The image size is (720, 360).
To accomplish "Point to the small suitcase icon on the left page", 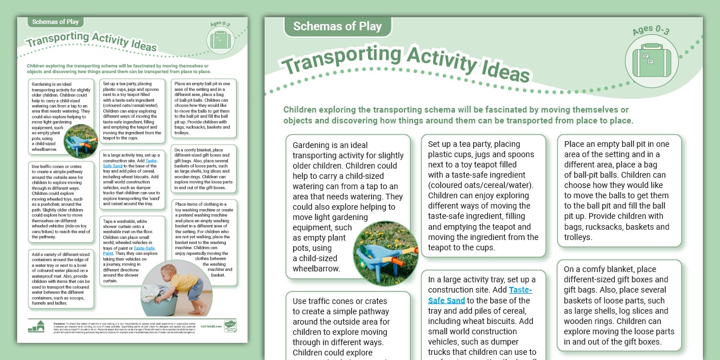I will tap(219, 40).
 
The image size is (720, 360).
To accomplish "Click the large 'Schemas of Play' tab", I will tap(337, 26).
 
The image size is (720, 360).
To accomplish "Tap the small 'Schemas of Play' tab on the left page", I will tap(56, 22).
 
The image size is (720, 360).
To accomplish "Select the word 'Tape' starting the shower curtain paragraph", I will tap(109, 221).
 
